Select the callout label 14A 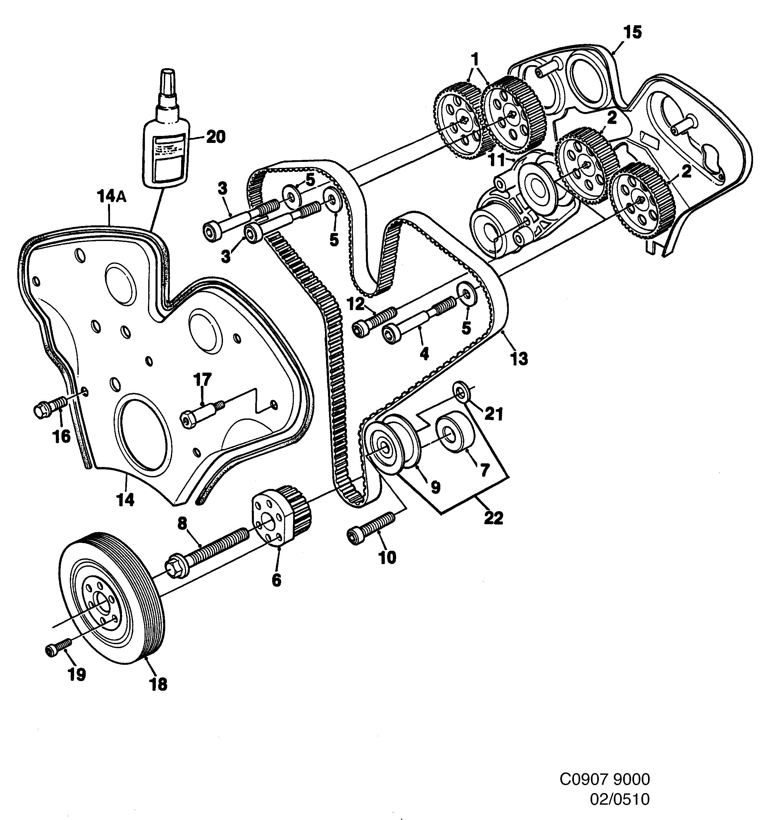click(112, 197)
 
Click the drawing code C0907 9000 click(604, 779)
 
